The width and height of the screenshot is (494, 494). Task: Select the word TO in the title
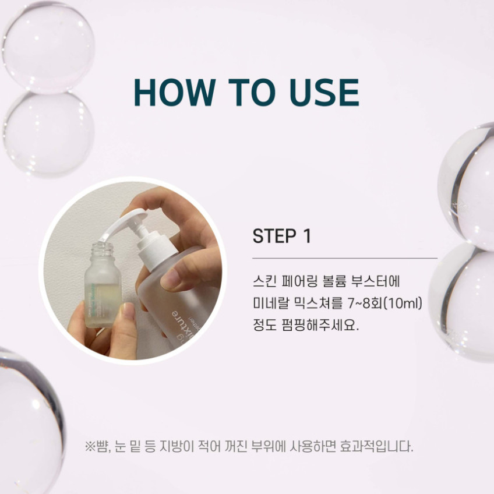point(253,92)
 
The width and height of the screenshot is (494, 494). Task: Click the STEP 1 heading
point(282,236)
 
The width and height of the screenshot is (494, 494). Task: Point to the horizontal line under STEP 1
point(345,258)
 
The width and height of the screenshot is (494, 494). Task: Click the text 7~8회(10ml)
point(385,303)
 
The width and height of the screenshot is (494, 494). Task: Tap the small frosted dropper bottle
point(103,285)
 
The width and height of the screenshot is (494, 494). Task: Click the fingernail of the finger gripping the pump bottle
point(168,280)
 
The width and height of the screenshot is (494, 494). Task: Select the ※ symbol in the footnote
point(90,446)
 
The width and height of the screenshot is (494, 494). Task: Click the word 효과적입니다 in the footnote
point(376,446)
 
